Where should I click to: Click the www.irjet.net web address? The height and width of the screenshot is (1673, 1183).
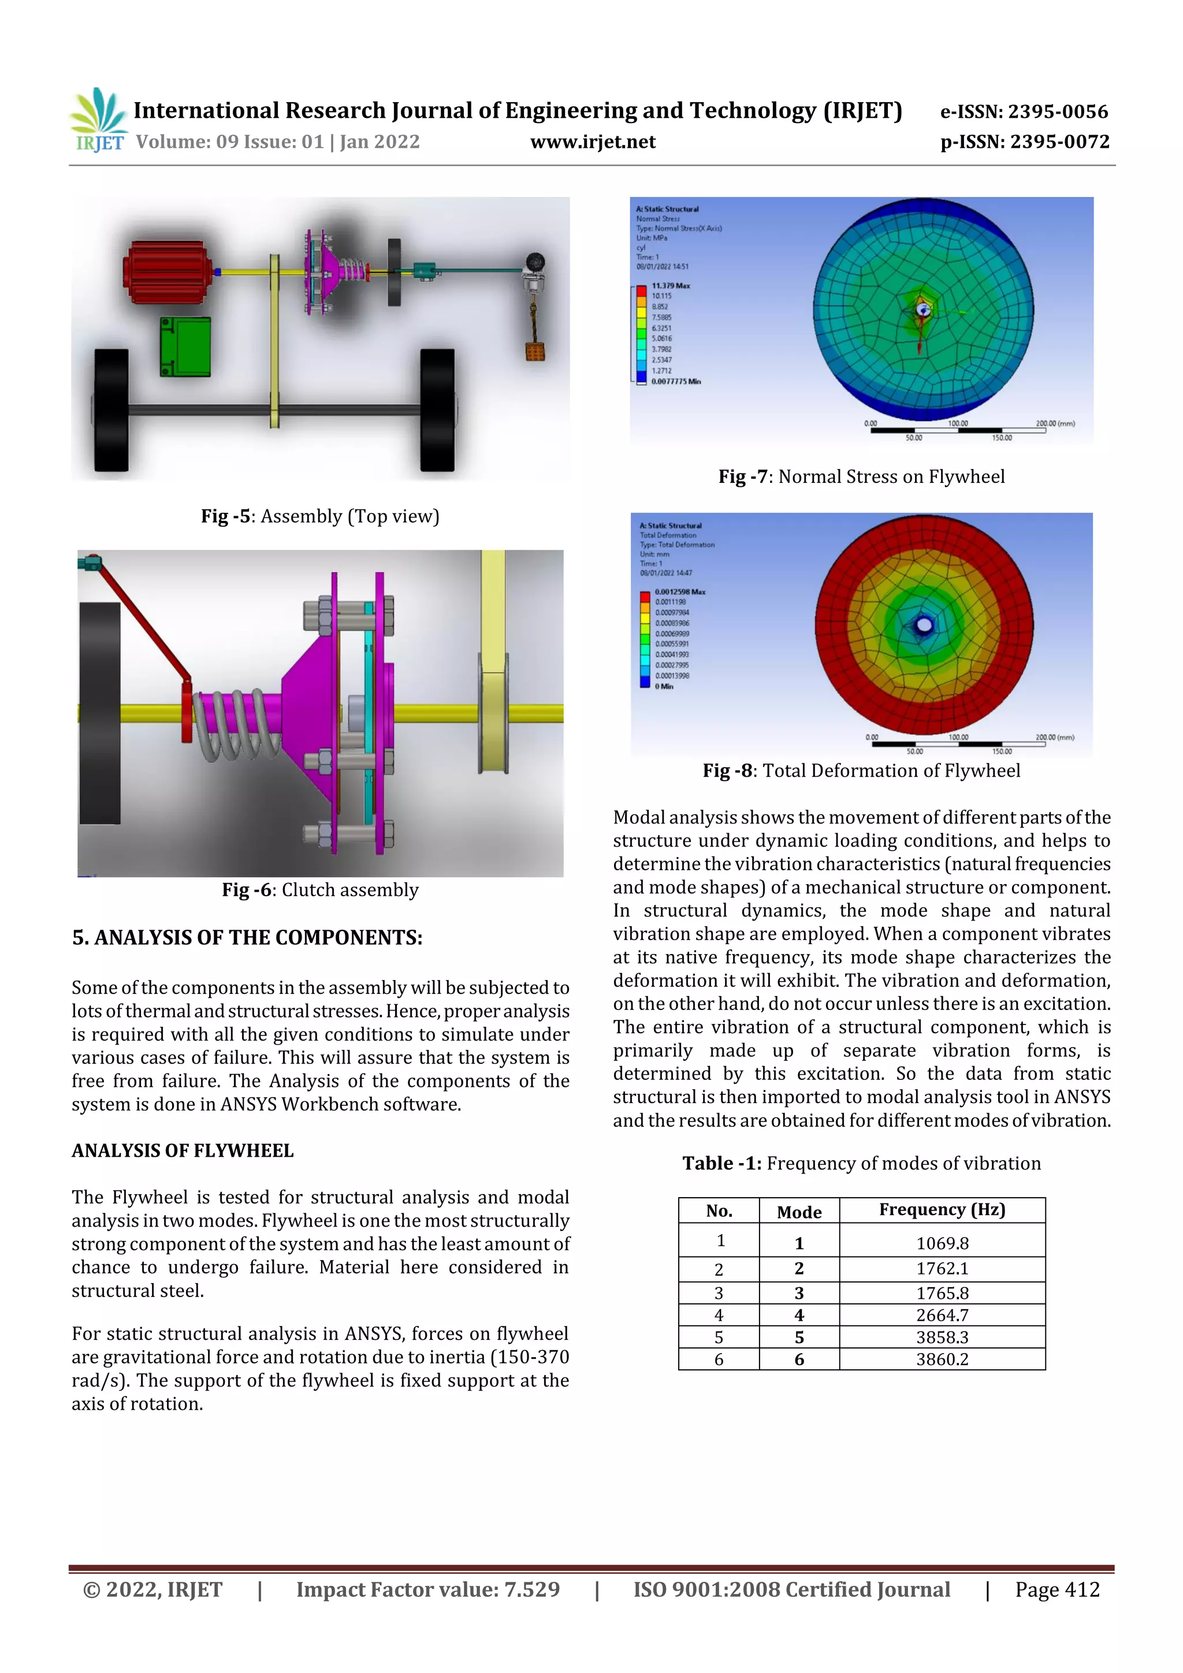pyautogui.click(x=593, y=142)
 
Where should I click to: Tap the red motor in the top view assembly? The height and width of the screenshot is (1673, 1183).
pyautogui.click(x=168, y=272)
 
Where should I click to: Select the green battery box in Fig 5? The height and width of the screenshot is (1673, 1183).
pyautogui.click(x=185, y=347)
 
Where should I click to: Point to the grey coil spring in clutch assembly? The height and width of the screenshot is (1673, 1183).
pyautogui.click(x=237, y=724)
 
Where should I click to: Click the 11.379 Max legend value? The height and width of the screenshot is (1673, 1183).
pyautogui.click(x=670, y=286)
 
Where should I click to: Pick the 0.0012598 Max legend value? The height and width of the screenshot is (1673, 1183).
pyautogui.click(x=679, y=592)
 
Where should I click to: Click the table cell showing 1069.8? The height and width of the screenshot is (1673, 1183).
pyautogui.click(x=942, y=1243)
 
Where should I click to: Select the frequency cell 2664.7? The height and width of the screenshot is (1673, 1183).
pyautogui.click(x=942, y=1315)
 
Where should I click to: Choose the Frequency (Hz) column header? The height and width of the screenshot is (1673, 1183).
pyautogui.click(x=942, y=1210)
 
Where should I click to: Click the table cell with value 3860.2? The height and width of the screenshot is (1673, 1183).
pyautogui.click(x=942, y=1359)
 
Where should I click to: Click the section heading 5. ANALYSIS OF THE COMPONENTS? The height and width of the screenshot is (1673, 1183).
pyautogui.click(x=247, y=938)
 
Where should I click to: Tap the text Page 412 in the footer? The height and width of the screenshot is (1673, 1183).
pyautogui.click(x=1057, y=1589)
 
